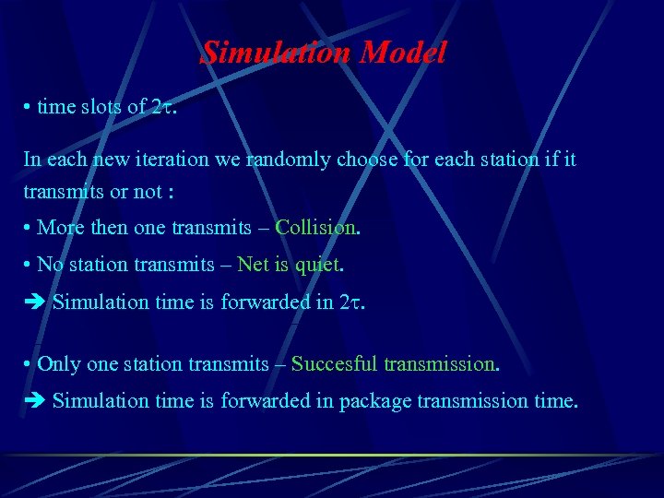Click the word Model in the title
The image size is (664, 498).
pos(404,53)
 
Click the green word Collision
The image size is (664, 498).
pos(315,227)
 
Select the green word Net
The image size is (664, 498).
pos(252,266)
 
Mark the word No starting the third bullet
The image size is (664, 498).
pos(50,266)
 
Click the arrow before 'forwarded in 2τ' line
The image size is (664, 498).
pos(35,302)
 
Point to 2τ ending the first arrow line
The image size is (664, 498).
pos(351,302)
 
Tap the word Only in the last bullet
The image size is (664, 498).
pos(59,364)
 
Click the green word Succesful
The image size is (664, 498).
pos(334,364)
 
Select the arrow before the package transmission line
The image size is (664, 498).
pos(35,401)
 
